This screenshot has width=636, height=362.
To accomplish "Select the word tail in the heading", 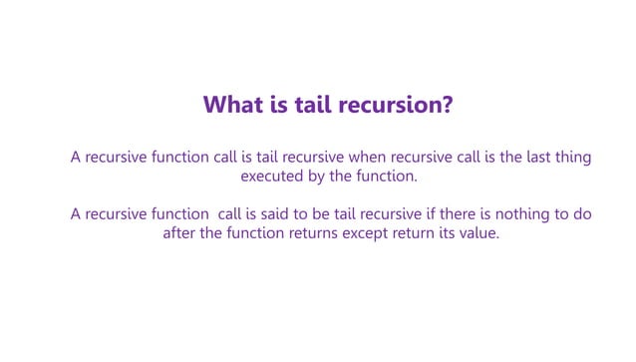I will [x=317, y=106].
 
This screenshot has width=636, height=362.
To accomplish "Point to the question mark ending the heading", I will [x=447, y=106].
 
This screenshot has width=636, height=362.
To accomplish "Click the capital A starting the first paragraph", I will [x=76, y=157].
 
